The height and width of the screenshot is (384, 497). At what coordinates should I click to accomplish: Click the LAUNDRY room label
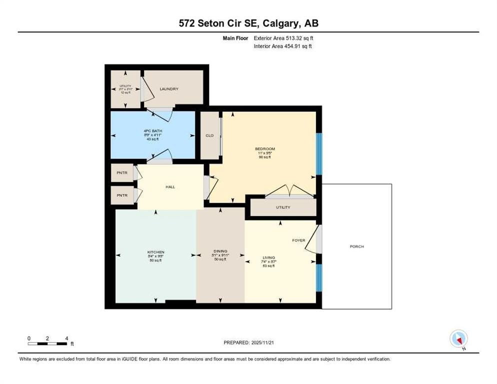[169, 89]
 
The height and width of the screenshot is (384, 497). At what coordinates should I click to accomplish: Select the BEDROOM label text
[264, 149]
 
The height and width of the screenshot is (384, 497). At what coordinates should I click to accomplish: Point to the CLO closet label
[209, 135]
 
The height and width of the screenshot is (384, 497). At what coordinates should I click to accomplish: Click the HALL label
[170, 187]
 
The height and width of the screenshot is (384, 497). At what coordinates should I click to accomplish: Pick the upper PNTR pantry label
[122, 173]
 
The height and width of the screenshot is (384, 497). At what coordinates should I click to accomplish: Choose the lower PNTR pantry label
[122, 195]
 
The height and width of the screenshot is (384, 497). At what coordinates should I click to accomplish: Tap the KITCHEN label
[155, 252]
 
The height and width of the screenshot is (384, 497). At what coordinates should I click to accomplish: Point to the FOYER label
[298, 240]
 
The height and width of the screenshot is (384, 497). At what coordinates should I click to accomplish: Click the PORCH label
[356, 247]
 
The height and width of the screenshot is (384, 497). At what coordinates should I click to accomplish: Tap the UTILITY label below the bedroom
[282, 207]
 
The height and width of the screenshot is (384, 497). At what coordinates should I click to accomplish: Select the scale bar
[47, 343]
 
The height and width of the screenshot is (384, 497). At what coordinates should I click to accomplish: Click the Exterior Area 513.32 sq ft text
[283, 38]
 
